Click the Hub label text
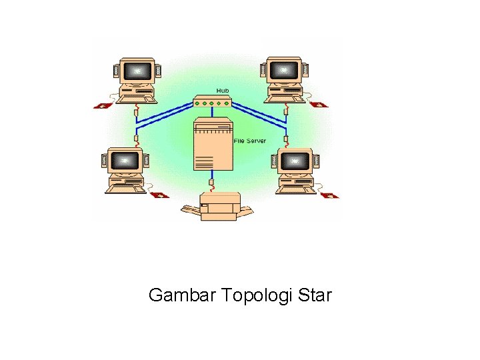click(223, 90)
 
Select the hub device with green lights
click(212, 102)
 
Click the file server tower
click(213, 145)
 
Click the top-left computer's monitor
click(137, 70)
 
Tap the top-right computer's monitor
click(284, 70)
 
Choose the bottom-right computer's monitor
click(294, 161)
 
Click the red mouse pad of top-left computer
click(101, 105)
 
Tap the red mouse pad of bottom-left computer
click(159, 195)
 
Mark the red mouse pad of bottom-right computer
click(331, 195)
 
